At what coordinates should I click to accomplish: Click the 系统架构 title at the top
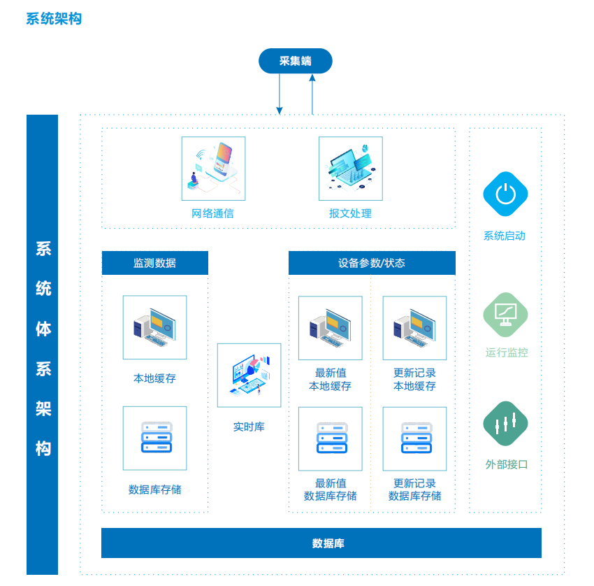point(54,19)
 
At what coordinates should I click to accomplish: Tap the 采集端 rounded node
point(296,61)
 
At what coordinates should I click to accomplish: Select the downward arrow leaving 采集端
point(280,94)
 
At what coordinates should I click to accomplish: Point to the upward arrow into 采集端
point(312,94)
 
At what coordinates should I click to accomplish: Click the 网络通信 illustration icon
point(213,169)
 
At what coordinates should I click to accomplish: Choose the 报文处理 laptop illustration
point(351,169)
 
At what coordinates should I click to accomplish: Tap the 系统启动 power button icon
point(505,194)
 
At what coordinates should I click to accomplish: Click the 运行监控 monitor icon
point(505,315)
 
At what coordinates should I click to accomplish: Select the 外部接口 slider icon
point(505,423)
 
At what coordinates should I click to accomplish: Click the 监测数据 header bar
point(155,263)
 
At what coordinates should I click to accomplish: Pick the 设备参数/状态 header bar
point(372,263)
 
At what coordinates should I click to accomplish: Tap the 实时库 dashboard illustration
point(249,376)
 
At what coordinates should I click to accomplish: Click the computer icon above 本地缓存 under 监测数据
point(155,327)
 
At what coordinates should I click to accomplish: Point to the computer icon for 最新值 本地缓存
point(331,328)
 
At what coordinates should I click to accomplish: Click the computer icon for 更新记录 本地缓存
point(415,328)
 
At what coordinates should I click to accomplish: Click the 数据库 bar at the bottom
point(321,543)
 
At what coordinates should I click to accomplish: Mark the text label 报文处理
point(350,213)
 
